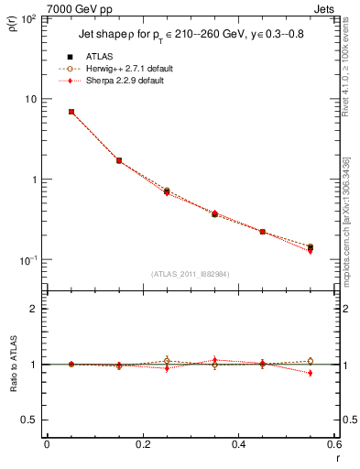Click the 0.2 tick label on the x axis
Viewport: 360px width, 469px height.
click(142, 445)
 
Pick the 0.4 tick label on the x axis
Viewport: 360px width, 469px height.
click(238, 445)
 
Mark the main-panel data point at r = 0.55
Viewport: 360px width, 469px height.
click(310, 247)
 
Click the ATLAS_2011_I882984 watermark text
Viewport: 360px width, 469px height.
click(191, 273)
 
